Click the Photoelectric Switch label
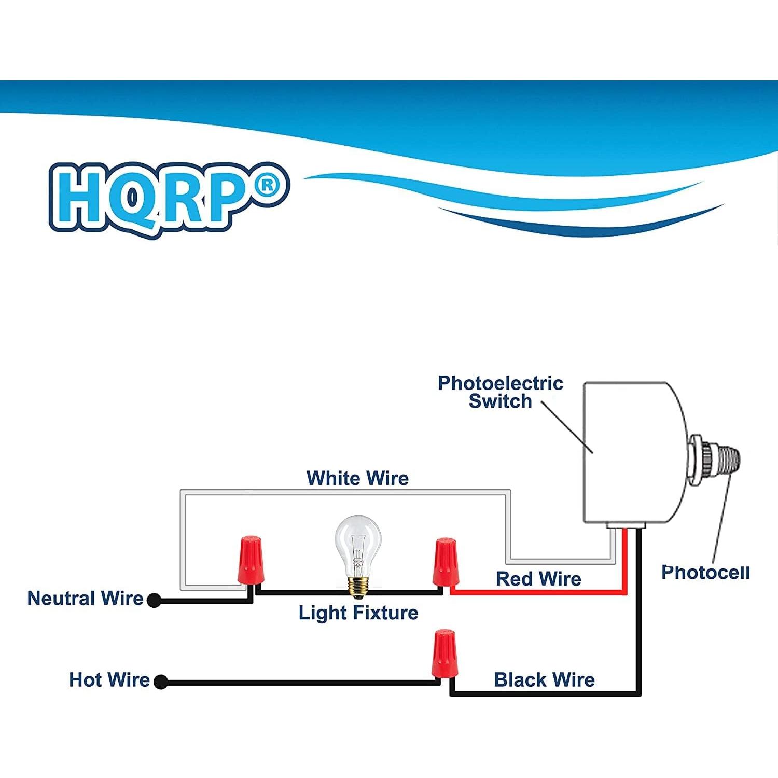point(500,392)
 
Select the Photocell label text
point(705,572)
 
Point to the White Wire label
point(357,478)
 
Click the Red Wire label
point(538,579)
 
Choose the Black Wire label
point(544,679)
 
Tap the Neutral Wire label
point(85,598)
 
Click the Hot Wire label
point(109,679)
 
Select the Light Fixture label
point(358,613)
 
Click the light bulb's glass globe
point(357,539)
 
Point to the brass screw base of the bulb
point(358,585)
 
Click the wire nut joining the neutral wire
point(249,560)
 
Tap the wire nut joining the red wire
point(445,562)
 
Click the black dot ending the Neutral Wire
point(154,600)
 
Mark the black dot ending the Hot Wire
point(161,682)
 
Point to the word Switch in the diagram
point(500,401)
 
